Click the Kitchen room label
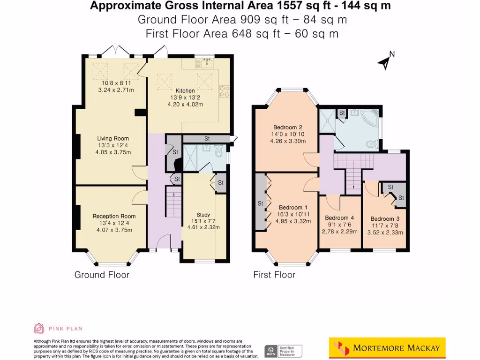point(185,90)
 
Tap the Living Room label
point(113,138)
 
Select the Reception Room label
point(114,216)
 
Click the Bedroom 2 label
point(288,127)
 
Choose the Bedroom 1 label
point(293,208)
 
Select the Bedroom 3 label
point(385,218)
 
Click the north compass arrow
point(385,61)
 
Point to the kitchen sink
point(207,61)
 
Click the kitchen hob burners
point(224,90)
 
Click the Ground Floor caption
point(102,275)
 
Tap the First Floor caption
point(274,275)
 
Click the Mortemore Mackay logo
point(387,348)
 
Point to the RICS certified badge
point(283,351)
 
